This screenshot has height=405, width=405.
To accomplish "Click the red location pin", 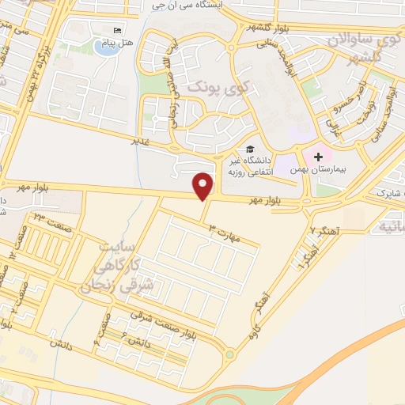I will [x=204, y=187].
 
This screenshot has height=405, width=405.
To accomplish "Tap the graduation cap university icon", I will [x=250, y=150].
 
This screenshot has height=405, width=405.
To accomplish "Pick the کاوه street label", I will [x=255, y=334].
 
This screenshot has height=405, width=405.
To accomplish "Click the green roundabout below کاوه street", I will [x=229, y=354].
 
